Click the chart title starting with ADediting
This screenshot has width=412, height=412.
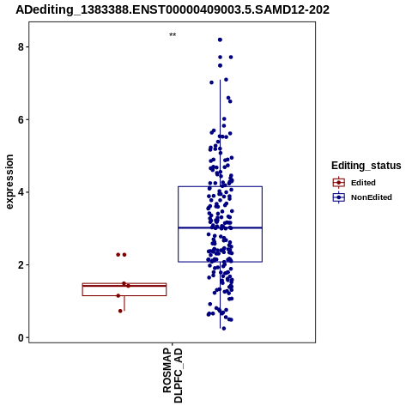click(x=173, y=9)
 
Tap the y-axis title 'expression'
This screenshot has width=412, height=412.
click(x=9, y=182)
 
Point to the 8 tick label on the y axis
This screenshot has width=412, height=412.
click(x=21, y=46)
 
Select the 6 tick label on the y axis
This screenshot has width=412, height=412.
click(x=21, y=119)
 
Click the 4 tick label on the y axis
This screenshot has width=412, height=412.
click(x=21, y=192)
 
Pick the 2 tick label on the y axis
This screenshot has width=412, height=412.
click(x=21, y=265)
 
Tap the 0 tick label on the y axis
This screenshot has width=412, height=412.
click(x=21, y=337)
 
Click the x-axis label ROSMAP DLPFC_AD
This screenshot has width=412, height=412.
click(x=173, y=375)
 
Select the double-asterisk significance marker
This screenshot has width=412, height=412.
click(x=173, y=35)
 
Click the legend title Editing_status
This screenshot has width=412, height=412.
click(x=367, y=166)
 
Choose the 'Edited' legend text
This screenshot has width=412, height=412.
click(x=363, y=183)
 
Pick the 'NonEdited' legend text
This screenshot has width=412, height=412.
click(x=372, y=197)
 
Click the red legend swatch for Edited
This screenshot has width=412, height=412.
click(x=339, y=183)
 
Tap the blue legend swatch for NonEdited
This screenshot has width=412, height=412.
click(x=339, y=197)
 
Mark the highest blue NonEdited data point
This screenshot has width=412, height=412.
click(x=220, y=39)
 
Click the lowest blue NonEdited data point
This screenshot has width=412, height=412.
click(x=224, y=329)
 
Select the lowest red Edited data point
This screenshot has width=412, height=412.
click(x=120, y=311)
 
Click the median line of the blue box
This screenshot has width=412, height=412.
click(x=220, y=227)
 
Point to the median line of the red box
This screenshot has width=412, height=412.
click(x=124, y=286)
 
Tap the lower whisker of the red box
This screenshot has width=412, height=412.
click(x=124, y=303)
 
